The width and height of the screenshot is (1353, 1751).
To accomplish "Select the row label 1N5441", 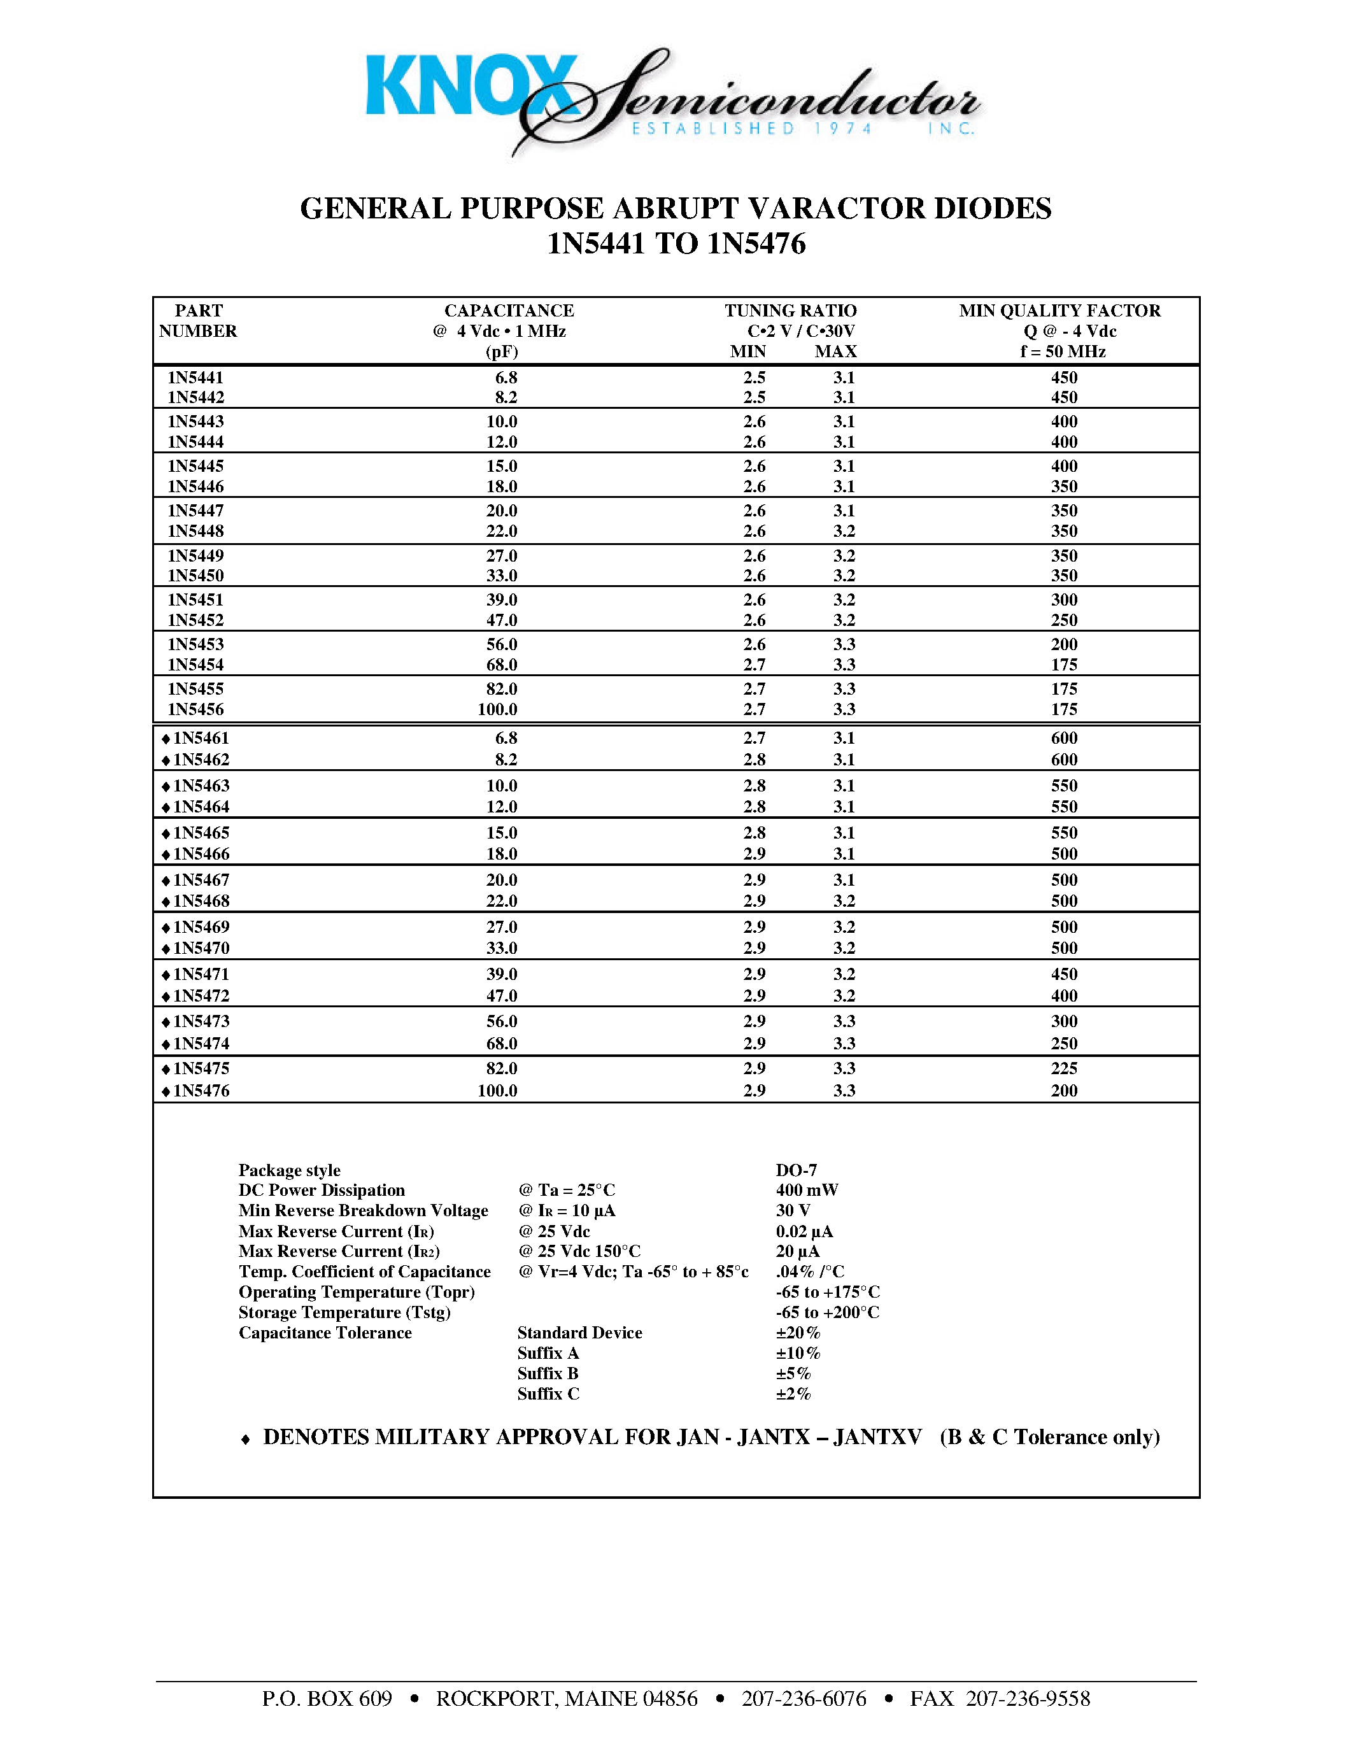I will coord(195,378).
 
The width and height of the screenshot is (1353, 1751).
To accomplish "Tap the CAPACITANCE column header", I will coord(509,311).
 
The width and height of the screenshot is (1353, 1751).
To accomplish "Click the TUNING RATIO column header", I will coord(790,311).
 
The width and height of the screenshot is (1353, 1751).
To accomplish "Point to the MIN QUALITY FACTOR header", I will coord(1059,311).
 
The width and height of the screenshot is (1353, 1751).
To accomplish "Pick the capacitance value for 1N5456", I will coord(497,709).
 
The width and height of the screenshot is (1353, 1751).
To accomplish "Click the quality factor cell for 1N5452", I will coord(1064,621).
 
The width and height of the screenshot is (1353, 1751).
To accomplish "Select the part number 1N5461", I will coord(201,739).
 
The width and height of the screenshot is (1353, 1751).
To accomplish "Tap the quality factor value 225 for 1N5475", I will coord(1064,1068).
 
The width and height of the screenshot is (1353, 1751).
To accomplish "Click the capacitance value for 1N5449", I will coord(501,556).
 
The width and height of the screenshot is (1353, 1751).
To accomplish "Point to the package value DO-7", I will coord(796,1170).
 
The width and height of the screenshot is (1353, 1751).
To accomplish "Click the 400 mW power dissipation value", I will coord(806,1191).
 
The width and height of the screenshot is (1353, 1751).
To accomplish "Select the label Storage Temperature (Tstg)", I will coord(344,1312).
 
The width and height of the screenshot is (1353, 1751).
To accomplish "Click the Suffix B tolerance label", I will coord(548,1373).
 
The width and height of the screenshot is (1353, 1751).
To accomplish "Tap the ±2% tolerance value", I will coord(793,1394).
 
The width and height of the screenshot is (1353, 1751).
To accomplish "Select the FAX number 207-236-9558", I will coord(1028,1699).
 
